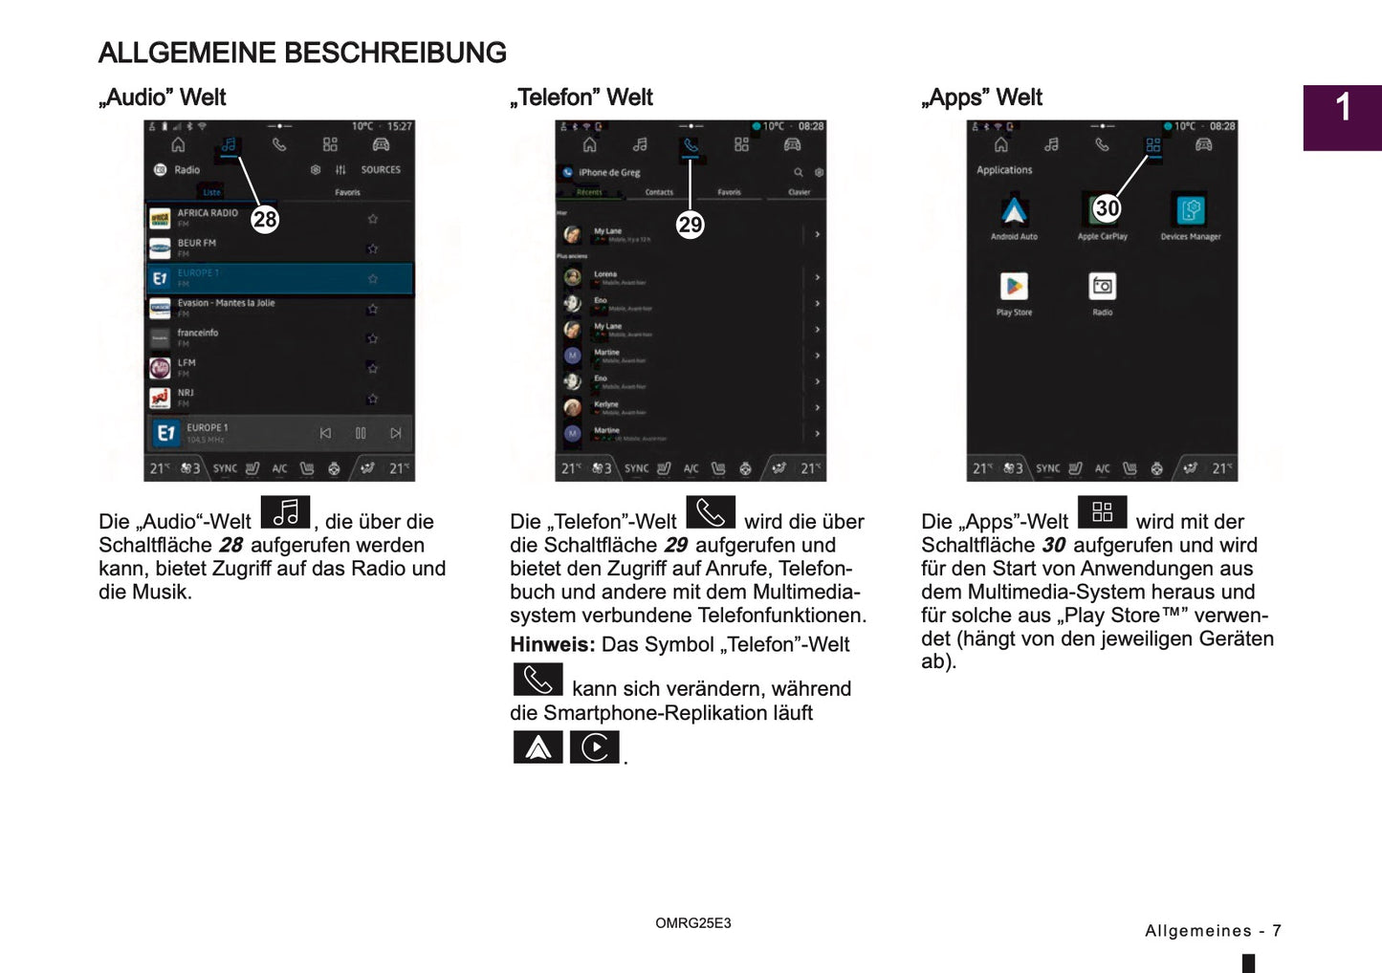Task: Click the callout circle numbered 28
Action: click(265, 220)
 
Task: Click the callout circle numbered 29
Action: click(690, 225)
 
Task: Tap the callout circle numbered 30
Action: click(1107, 208)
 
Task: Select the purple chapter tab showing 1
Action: click(1342, 117)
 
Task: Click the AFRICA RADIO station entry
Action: click(208, 214)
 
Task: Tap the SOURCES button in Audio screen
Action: click(381, 170)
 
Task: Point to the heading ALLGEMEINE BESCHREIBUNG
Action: click(302, 53)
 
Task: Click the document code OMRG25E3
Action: click(692, 923)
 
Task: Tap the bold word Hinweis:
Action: click(552, 645)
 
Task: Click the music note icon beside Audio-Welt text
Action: click(285, 513)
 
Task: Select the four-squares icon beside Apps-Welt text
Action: click(1102, 512)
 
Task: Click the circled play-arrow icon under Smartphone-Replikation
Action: click(594, 746)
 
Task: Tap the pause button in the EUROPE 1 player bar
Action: click(361, 433)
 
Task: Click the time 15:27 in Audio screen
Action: click(400, 126)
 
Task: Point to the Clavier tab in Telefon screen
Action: click(799, 192)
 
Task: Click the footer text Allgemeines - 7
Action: click(1212, 931)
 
